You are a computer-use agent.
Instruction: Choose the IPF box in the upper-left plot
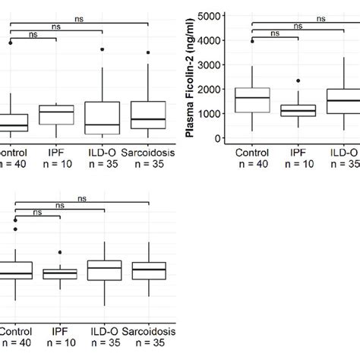(x=57, y=115)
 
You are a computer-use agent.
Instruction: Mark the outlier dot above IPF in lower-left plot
(x=59, y=251)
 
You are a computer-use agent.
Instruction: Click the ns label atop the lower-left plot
(x=81, y=198)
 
